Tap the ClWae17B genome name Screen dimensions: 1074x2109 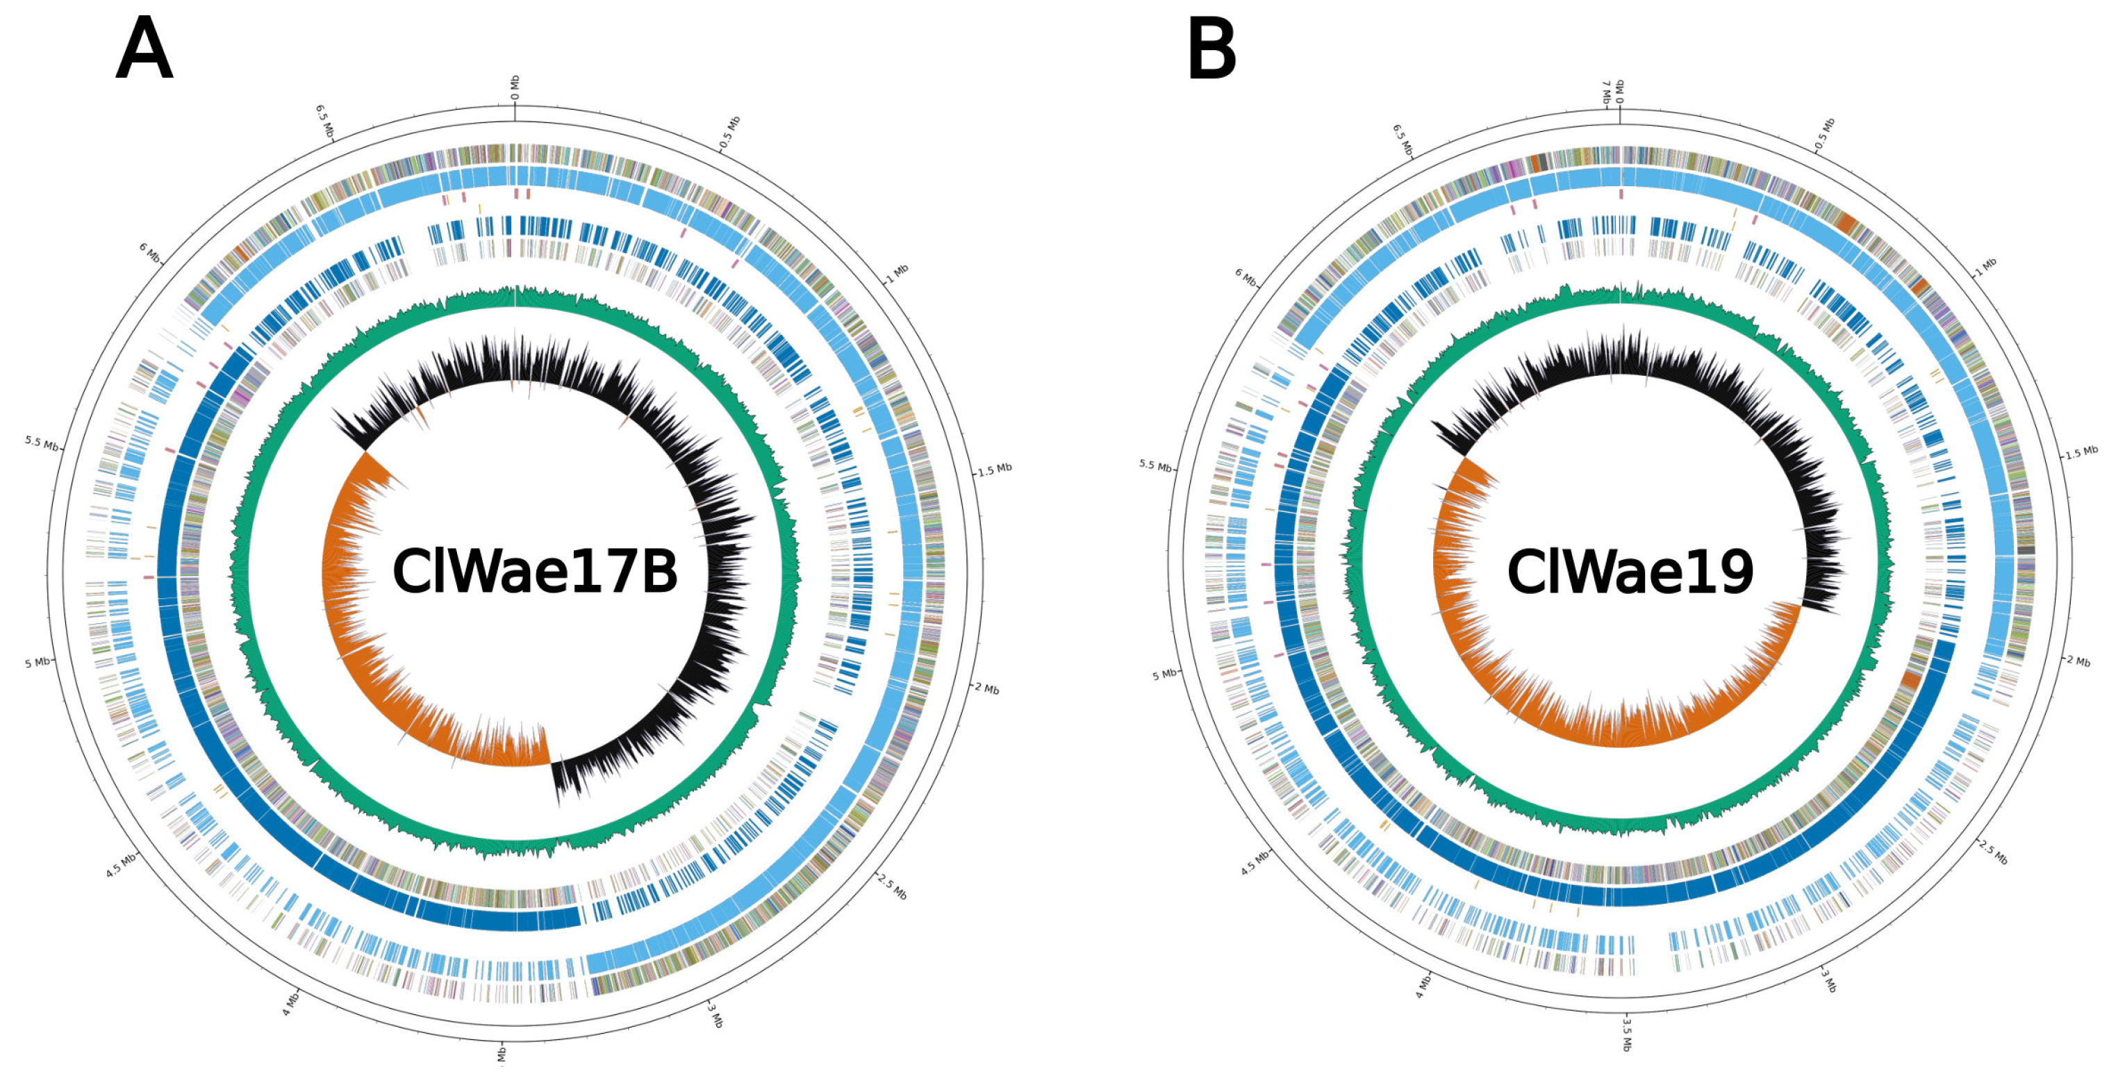(x=535, y=571)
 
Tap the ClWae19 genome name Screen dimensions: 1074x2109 (x=1630, y=571)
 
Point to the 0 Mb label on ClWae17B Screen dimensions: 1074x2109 (x=515, y=88)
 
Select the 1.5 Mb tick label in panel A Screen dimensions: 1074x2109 (x=994, y=470)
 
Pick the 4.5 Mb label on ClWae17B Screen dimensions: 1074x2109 (x=121, y=866)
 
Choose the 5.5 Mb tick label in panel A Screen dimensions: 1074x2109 (x=42, y=444)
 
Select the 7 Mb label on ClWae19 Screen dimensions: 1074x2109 (x=1606, y=92)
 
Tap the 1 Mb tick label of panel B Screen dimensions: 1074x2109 (x=1985, y=267)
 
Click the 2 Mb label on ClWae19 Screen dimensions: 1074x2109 (x=2078, y=660)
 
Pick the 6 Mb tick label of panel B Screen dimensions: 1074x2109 (x=1246, y=277)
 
